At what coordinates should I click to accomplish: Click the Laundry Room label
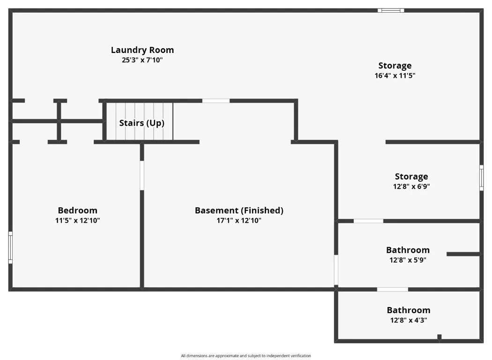[x=142, y=50]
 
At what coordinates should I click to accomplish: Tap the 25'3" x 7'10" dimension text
[x=142, y=60]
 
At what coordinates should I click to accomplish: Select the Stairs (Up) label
[x=142, y=123]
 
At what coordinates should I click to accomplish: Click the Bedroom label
[x=77, y=210]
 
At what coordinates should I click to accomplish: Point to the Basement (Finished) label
[x=239, y=210]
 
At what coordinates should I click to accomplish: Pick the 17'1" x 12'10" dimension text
[x=239, y=220]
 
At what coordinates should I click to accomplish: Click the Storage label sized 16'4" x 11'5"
[x=395, y=66]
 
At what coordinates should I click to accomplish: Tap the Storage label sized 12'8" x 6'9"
[x=411, y=176]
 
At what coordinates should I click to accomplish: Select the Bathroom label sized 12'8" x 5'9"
[x=408, y=250]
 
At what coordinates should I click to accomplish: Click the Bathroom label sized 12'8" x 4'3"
[x=409, y=310]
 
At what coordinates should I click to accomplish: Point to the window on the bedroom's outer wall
[x=10, y=247]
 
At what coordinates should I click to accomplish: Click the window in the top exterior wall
[x=391, y=10]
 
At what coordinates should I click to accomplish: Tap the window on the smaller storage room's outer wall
[x=482, y=178]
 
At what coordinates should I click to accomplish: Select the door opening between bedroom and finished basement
[x=142, y=175]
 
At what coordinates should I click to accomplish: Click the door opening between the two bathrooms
[x=393, y=289]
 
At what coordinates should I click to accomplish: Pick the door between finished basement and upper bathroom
[x=336, y=270]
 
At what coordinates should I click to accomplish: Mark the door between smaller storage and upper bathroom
[x=368, y=221]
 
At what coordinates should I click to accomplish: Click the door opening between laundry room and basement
[x=216, y=101]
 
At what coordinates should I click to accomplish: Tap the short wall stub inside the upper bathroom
[x=463, y=254]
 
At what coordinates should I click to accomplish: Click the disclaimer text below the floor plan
[x=246, y=356]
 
